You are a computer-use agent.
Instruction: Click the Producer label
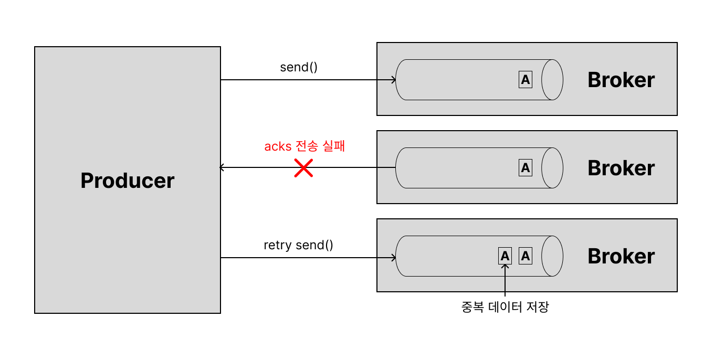(128, 181)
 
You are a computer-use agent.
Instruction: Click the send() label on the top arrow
(299, 67)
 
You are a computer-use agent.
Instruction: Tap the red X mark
(303, 168)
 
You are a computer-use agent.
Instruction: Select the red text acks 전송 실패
(304, 146)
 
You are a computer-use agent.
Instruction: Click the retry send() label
(298, 245)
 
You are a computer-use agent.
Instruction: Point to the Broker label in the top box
(621, 80)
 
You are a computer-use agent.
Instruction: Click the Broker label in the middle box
(621, 168)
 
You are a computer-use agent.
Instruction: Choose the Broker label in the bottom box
(621, 256)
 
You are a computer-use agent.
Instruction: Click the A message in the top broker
(526, 80)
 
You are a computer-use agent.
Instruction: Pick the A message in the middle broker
(526, 168)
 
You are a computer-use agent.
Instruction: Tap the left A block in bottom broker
(505, 256)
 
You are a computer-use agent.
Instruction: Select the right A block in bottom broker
(526, 256)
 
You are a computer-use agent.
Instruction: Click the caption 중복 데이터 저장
(505, 307)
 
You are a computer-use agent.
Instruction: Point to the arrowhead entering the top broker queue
(393, 80)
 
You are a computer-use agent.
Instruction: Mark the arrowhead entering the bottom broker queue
(393, 258)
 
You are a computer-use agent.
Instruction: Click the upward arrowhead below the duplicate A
(505, 266)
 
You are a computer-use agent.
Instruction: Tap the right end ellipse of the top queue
(552, 80)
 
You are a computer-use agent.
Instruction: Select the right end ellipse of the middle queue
(552, 168)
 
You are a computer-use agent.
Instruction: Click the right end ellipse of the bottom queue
(552, 256)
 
